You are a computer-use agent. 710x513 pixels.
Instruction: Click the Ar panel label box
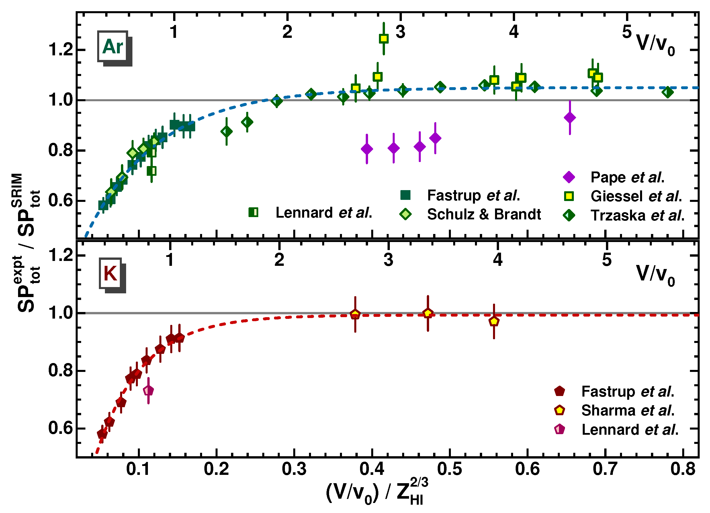coord(113,46)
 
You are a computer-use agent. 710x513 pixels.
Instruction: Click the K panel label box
coord(110,273)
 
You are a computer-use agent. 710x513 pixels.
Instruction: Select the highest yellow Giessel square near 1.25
coord(384,39)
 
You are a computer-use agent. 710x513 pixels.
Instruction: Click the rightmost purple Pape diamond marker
coord(570,118)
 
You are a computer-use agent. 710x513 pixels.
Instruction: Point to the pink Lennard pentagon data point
coord(148,391)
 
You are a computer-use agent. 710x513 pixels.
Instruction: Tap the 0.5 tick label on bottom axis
coord(449,469)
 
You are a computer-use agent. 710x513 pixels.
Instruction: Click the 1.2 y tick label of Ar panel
coord(61,50)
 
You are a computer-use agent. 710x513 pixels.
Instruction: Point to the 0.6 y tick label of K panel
coord(61,428)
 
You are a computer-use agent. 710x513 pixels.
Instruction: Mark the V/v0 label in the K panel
coord(656,275)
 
